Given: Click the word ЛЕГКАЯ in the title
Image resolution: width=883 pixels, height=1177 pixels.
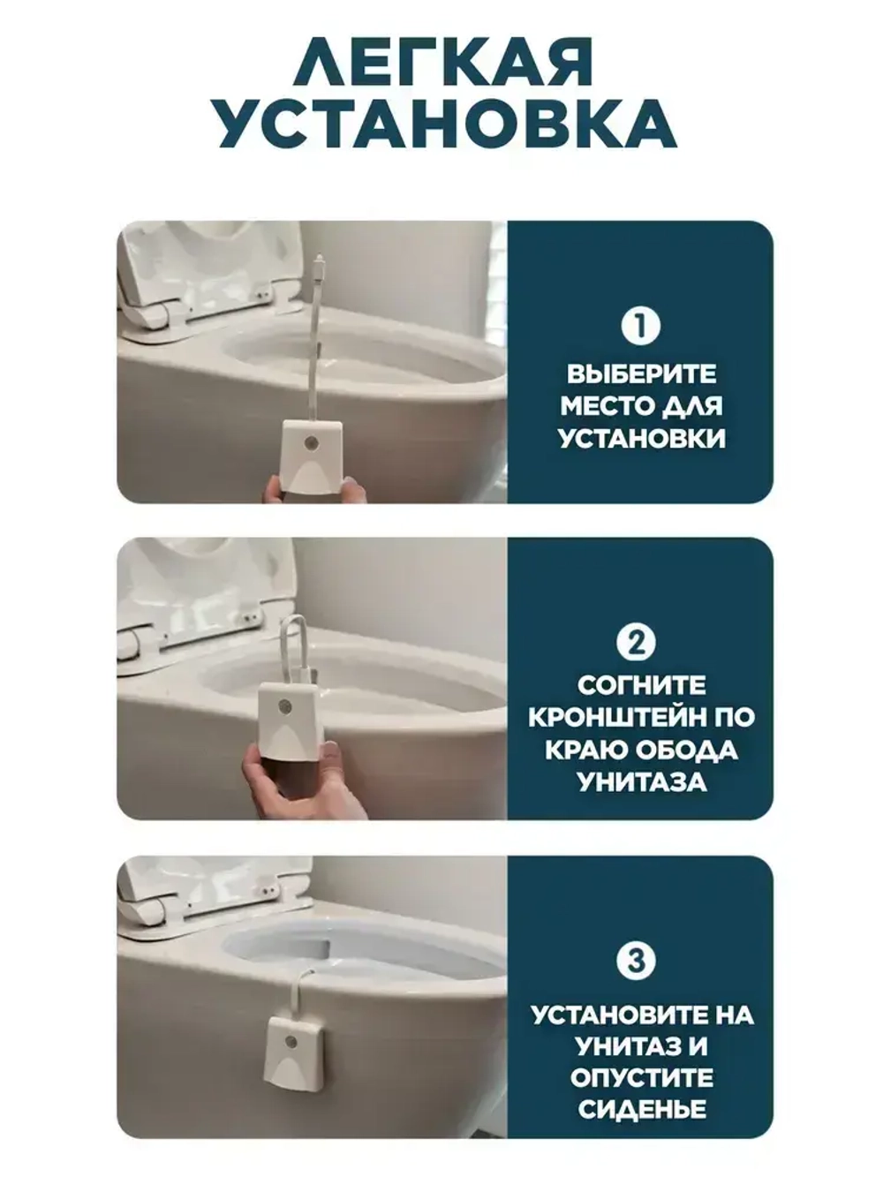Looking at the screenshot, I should coord(444,63).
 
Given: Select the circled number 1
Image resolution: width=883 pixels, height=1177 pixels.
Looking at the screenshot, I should coord(640,326).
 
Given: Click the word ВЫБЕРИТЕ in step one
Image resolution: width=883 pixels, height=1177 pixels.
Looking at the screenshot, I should coord(641,374).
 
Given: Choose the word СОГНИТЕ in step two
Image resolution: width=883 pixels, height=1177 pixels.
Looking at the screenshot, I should coord(642,686).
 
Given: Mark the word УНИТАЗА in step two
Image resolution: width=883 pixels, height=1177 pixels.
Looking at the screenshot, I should coord(642,781).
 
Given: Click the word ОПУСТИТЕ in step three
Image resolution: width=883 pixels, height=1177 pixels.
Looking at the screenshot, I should coord(642,1078).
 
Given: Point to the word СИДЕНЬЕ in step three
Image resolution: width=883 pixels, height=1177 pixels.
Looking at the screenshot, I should coord(642,1110).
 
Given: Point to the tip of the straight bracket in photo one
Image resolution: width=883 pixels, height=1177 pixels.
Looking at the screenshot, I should coord(321,260).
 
